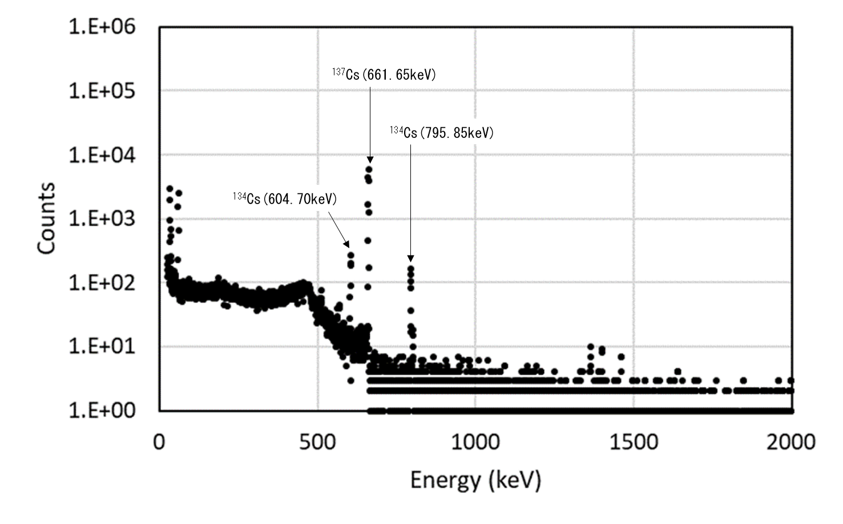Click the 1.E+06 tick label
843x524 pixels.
[102, 26]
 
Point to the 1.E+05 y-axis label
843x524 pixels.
[102, 91]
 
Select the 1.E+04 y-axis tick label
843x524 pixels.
[102, 155]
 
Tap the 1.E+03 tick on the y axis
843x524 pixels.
[102, 218]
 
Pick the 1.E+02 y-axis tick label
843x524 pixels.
[102, 282]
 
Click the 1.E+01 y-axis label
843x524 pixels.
[102, 346]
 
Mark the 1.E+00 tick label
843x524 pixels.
[102, 410]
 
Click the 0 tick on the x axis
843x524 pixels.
[159, 441]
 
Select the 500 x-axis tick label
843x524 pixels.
[317, 441]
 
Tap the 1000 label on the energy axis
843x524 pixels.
[475, 441]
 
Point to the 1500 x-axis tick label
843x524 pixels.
[634, 441]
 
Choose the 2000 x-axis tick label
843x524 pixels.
[791, 441]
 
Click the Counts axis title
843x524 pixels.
[47, 218]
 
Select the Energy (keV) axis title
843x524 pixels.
[475, 480]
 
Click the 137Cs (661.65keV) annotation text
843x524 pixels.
[384, 74]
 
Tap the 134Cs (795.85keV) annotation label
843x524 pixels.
[442, 133]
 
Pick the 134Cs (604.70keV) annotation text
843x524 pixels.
[285, 199]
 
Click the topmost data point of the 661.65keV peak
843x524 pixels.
[369, 169]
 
